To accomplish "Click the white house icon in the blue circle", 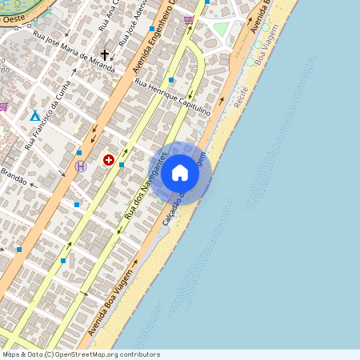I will pos(180,172).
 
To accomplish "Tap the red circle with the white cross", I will pos(108,160).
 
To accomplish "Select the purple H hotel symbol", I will pos(81,166).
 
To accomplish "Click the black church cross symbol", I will pos(104,56).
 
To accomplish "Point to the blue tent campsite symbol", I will pos(34,116).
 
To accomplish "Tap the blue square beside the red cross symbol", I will pos(122,165).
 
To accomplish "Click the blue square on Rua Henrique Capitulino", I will pos(171,80).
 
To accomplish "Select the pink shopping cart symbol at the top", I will pos(188,20).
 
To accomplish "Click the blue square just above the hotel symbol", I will pos(79,152).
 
